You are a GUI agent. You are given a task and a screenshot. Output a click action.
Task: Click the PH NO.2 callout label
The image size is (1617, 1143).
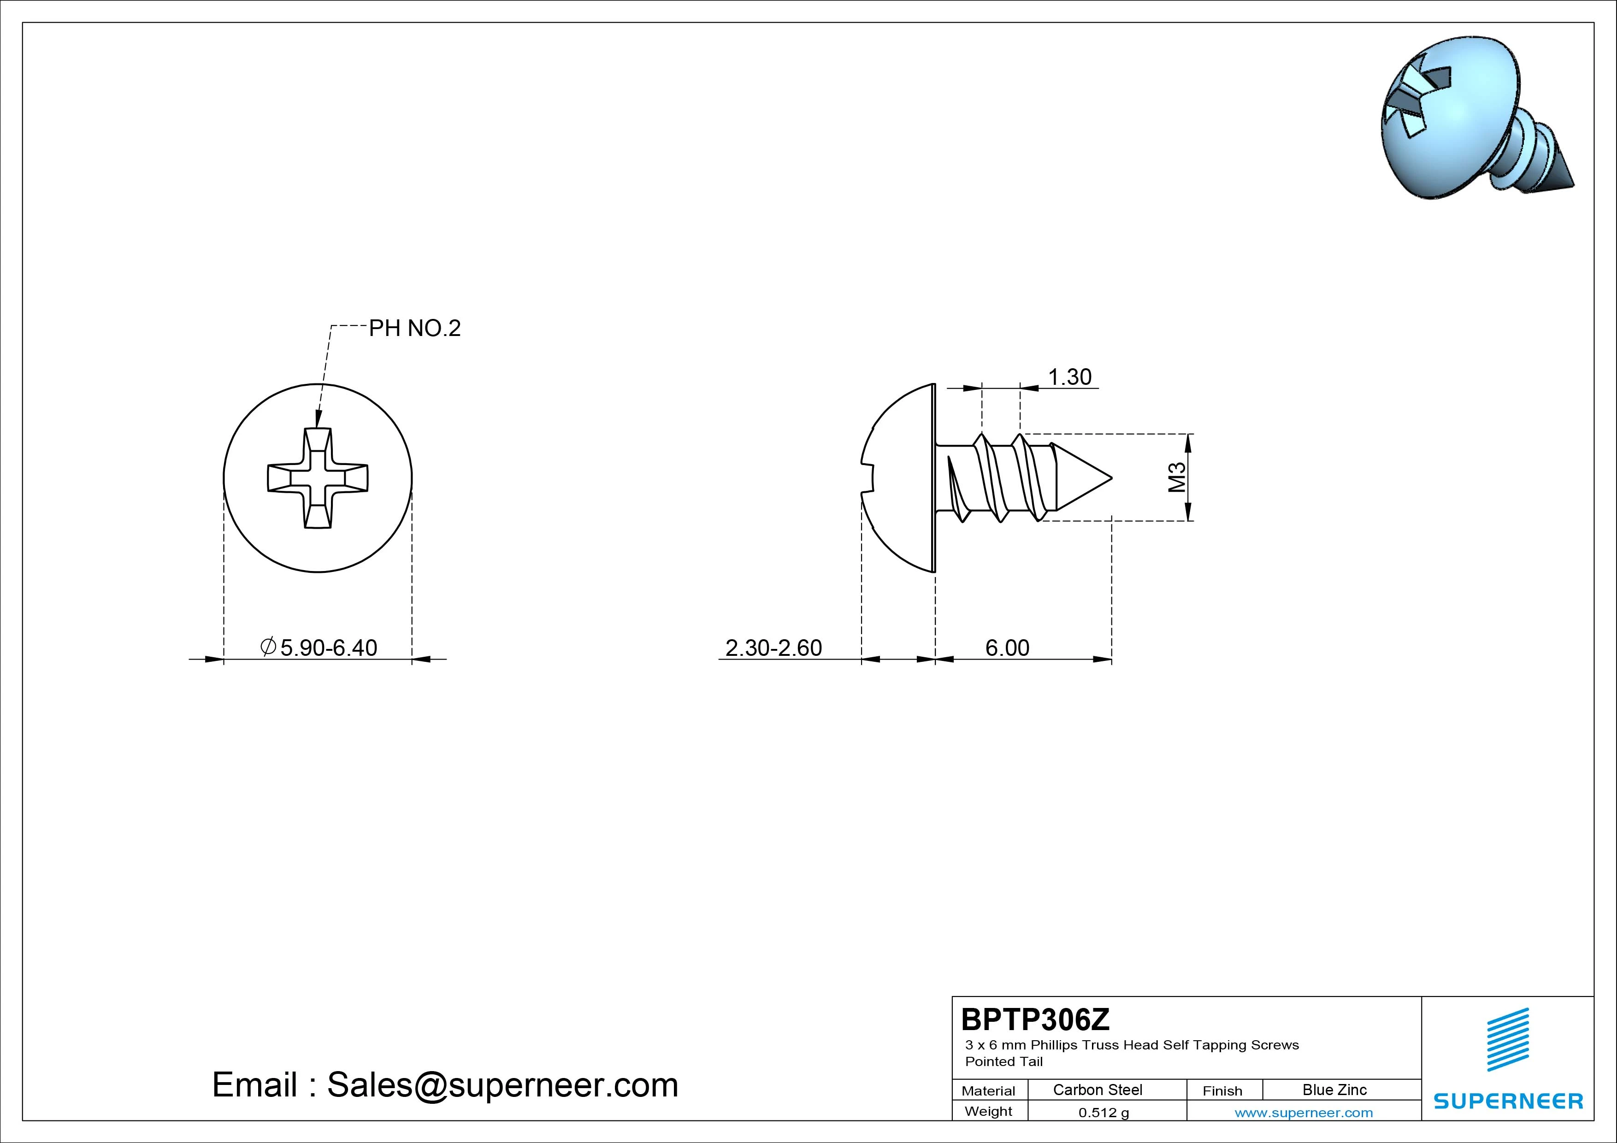coord(415,328)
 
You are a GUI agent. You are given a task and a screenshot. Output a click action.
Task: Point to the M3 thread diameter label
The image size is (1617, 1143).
coord(1177,477)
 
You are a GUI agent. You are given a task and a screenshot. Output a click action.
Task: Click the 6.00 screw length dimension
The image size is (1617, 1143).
coord(1007,647)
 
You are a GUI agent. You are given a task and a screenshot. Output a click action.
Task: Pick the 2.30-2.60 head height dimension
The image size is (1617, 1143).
coord(773,647)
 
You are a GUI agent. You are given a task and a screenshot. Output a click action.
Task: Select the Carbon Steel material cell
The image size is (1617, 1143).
coord(1097,1090)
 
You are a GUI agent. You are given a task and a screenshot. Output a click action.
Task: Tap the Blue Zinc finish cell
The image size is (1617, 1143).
coord(1334,1090)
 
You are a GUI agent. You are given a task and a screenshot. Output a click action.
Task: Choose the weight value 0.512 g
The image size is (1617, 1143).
coord(1104,1113)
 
